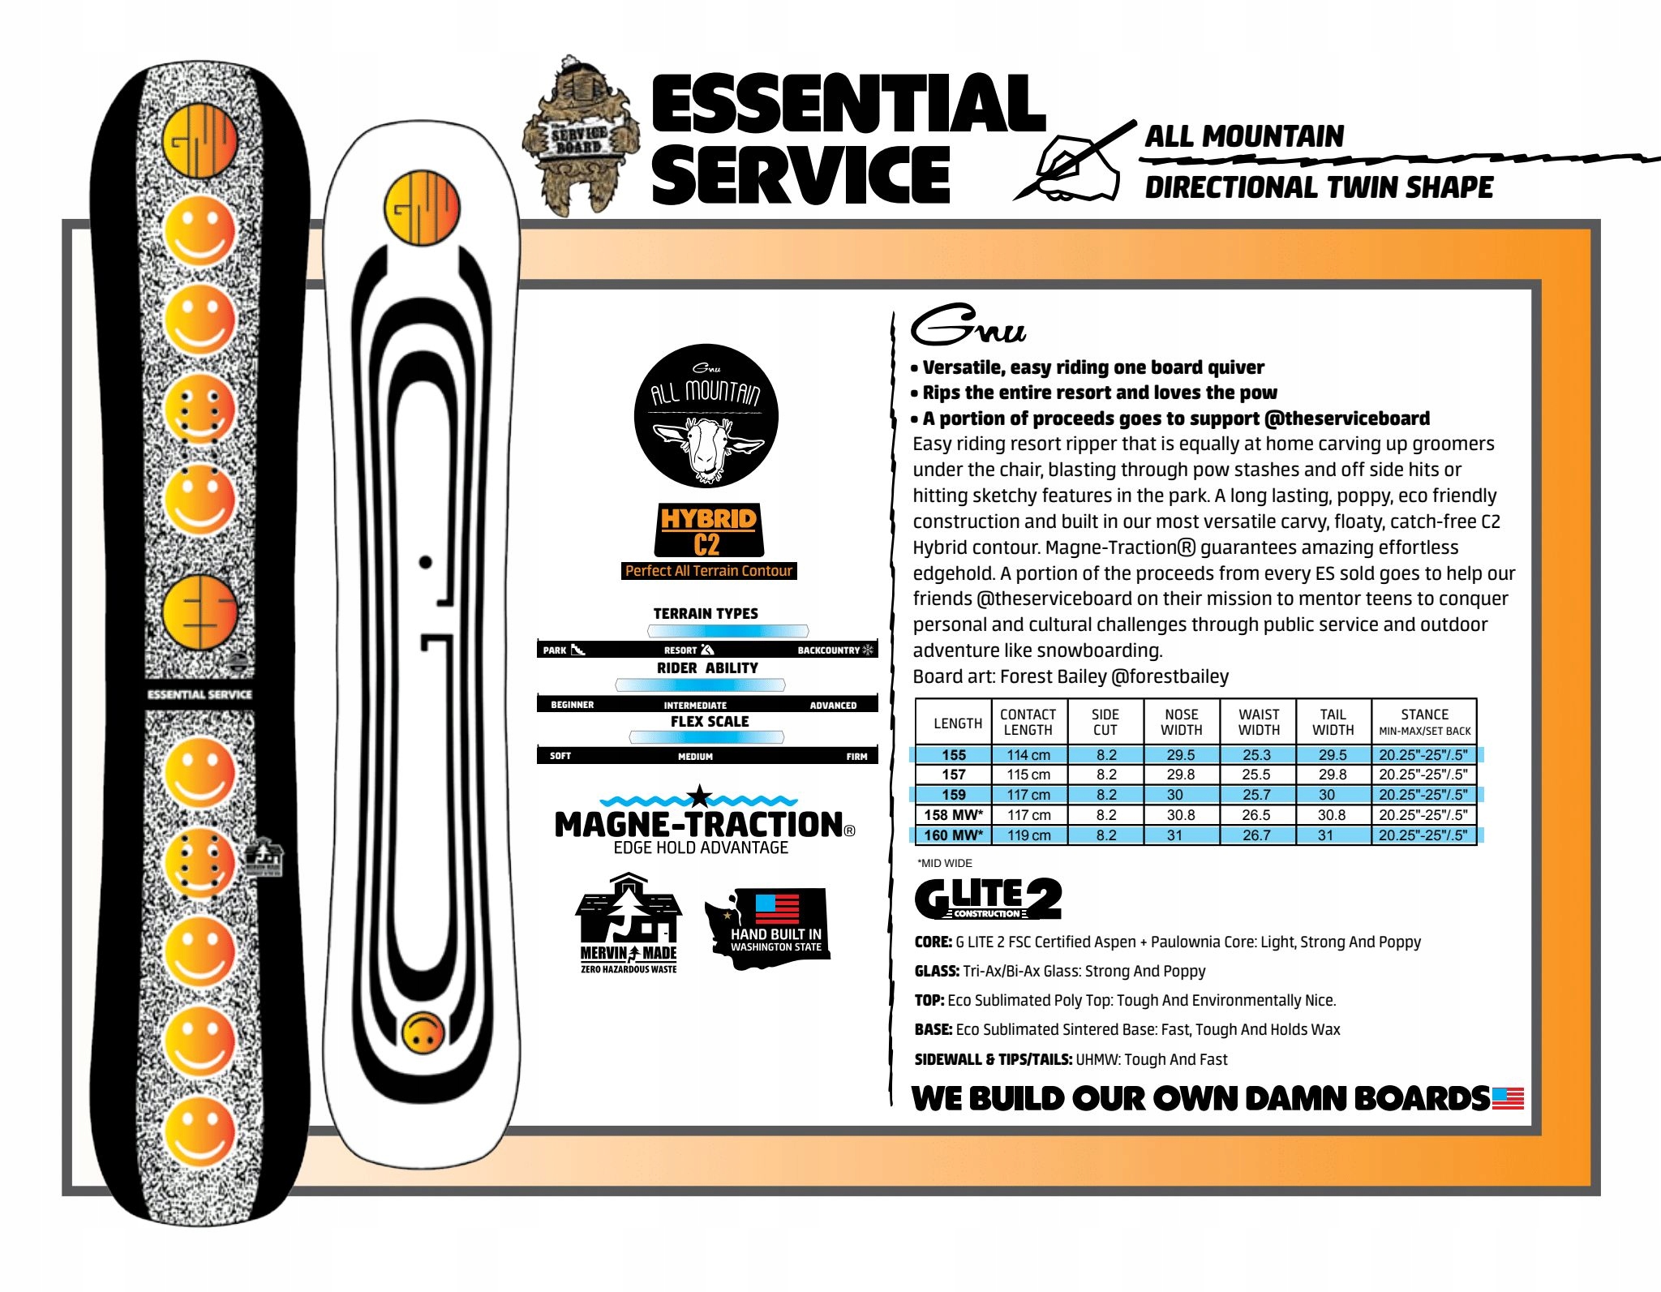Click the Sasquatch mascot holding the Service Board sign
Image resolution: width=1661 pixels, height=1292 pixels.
tap(577, 136)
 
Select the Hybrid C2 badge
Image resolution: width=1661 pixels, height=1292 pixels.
tap(708, 530)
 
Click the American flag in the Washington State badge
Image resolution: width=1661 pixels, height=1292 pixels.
tap(776, 908)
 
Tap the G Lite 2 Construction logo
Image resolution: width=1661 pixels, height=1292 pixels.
tap(987, 899)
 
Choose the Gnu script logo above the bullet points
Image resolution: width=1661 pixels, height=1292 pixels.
tap(968, 326)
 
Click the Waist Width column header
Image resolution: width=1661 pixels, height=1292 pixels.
tap(1258, 722)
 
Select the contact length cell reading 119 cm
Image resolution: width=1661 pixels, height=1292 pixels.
tap(1028, 835)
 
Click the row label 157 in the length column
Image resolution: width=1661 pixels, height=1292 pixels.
tap(954, 775)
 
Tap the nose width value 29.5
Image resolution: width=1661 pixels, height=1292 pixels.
tap(1180, 755)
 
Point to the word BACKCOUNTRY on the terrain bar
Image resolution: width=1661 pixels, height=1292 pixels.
tap(828, 650)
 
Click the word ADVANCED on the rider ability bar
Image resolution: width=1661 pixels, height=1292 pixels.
tap(833, 706)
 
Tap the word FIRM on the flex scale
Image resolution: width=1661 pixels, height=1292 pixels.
tap(856, 757)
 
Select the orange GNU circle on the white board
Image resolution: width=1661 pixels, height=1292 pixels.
tap(422, 208)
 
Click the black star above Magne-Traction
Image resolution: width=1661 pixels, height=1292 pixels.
tap(699, 796)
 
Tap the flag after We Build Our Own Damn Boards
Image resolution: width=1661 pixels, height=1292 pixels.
tap(1508, 1098)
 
